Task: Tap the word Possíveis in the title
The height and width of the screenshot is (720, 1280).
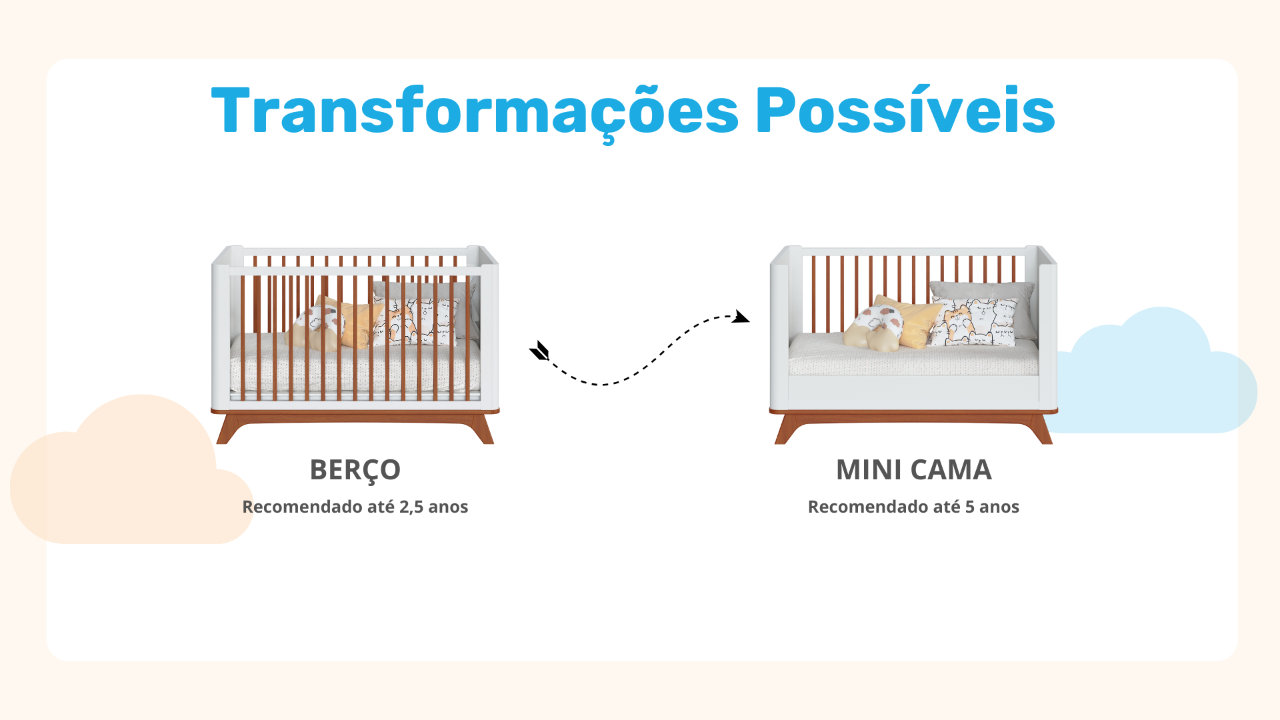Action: [x=905, y=110]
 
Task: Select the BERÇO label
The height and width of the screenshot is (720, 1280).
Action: [x=355, y=471]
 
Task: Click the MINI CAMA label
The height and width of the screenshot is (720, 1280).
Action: [x=914, y=470]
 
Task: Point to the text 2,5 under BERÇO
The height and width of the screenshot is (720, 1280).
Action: [x=411, y=507]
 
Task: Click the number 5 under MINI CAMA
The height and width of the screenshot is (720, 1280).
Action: [x=970, y=507]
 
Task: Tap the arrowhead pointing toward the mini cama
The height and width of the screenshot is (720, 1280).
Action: [x=740, y=316]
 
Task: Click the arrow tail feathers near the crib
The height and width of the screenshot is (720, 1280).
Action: [x=539, y=351]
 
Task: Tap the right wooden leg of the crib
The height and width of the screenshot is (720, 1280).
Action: [x=482, y=429]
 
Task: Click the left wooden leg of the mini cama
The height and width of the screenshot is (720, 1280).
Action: [x=786, y=429]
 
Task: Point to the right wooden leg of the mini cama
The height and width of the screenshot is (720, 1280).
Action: [x=1041, y=429]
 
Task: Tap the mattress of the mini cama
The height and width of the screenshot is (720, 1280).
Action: [x=913, y=357]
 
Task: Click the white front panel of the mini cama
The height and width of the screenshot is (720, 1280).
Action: [x=913, y=392]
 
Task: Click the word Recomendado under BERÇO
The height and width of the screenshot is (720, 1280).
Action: [x=302, y=507]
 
